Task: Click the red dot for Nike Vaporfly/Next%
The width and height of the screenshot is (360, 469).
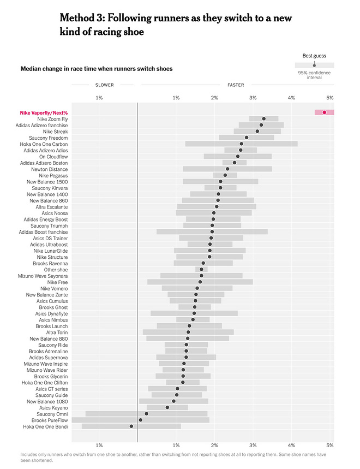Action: coord(325,112)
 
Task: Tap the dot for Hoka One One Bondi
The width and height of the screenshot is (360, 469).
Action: coord(131,426)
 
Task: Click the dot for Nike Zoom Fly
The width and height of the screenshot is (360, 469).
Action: coord(263,118)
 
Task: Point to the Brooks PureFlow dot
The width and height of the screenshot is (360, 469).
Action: coord(140,420)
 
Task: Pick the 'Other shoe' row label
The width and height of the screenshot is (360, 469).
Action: coord(56,270)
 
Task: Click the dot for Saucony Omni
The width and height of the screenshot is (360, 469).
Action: coord(146,414)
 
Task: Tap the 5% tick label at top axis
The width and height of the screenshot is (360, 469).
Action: coord(329,97)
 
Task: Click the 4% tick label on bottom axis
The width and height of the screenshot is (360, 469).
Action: coord(291,445)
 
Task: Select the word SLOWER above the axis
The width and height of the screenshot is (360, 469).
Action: coord(104,85)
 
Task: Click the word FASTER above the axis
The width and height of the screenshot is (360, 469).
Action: coord(236,85)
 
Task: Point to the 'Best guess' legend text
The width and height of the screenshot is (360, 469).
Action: coord(314,56)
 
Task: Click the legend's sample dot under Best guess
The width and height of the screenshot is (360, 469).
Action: coord(314,65)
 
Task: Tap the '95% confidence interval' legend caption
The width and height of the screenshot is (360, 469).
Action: coord(314,75)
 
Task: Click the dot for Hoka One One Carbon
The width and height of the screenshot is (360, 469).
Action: coord(242,144)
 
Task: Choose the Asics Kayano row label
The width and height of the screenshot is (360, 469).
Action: coord(53,407)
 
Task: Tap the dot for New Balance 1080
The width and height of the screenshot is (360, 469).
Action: coord(173,401)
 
